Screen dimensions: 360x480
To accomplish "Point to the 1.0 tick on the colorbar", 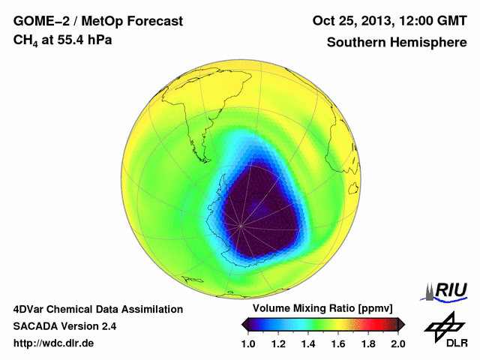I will (250, 343).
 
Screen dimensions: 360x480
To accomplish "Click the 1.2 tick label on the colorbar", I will (280, 343).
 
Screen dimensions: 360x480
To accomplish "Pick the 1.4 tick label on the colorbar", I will (309, 343).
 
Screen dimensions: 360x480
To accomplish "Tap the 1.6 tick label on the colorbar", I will (338, 343).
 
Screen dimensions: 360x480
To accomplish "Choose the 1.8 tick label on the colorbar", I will (367, 343).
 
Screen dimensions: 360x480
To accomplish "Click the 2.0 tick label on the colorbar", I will (397, 343).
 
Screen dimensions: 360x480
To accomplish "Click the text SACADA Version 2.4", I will (64, 326).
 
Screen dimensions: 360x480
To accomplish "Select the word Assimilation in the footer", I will (148, 309).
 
